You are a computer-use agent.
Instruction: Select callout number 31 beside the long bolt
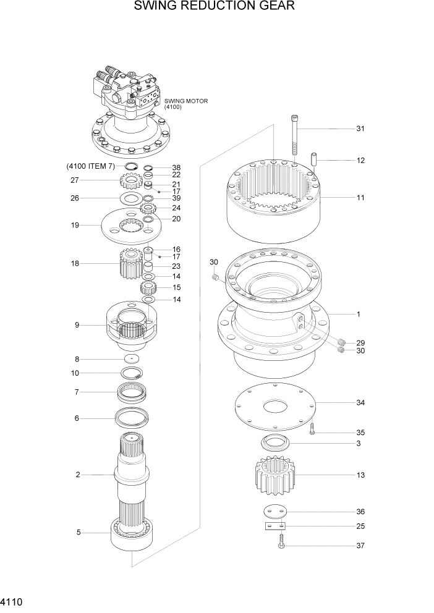pos(360,129)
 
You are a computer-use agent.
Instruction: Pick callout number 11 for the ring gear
pos(360,198)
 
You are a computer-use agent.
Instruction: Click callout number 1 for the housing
pos(357,315)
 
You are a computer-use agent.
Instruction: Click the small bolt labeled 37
pos(281,545)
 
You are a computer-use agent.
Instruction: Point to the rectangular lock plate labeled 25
pos(273,526)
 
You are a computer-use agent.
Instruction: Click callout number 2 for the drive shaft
pos(78,475)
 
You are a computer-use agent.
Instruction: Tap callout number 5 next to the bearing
pos(78,531)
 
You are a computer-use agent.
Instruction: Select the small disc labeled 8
pos(132,359)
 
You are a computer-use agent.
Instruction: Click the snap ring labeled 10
pos(132,373)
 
